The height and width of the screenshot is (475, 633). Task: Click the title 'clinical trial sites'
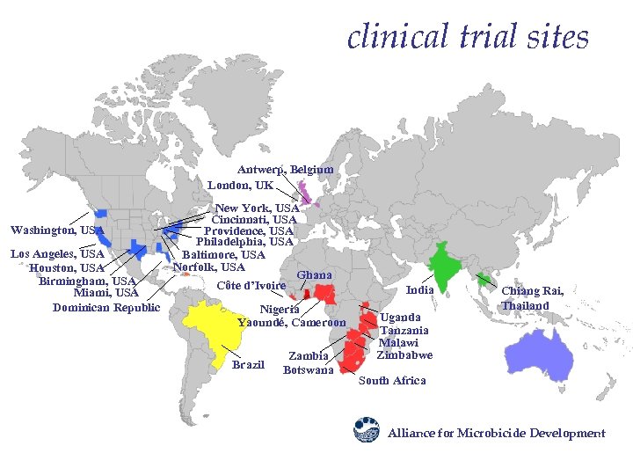click(468, 37)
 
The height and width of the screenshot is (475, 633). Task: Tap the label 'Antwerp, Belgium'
click(285, 169)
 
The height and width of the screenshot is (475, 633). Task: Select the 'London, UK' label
click(240, 186)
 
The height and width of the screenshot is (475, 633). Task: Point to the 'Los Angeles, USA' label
click(56, 254)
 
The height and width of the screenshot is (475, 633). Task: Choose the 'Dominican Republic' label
click(106, 307)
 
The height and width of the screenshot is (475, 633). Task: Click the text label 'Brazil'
click(248, 364)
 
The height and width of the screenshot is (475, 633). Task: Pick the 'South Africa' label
click(392, 381)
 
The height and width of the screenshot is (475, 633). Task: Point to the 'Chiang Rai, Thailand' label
click(532, 298)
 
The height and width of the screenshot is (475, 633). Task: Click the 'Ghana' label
click(314, 275)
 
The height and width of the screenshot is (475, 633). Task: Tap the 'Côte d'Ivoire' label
click(251, 286)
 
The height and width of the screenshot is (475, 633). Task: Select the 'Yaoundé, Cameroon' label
click(292, 322)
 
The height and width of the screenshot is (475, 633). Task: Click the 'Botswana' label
click(308, 369)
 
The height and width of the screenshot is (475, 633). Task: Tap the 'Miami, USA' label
click(106, 293)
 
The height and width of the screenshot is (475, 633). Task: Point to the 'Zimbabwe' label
click(404, 355)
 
